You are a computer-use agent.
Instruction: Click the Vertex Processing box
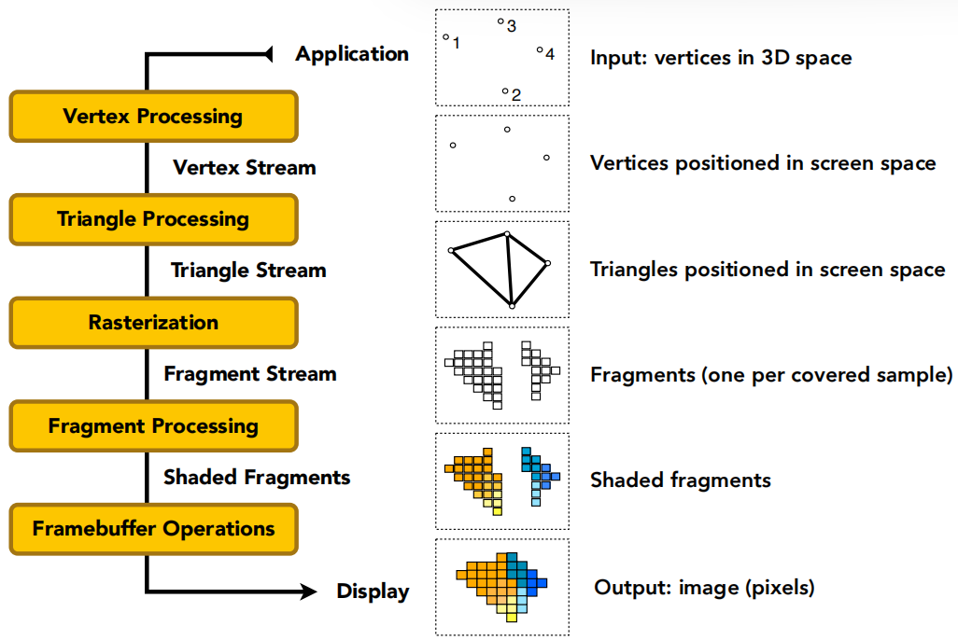(x=153, y=116)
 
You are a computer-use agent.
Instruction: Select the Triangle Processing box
(x=153, y=219)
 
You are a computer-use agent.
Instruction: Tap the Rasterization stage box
(x=153, y=323)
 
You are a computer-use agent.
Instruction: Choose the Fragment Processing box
(x=153, y=425)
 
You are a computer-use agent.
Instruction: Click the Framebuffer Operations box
(x=153, y=529)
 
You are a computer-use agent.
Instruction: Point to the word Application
(x=352, y=54)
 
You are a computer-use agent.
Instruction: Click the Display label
(x=373, y=591)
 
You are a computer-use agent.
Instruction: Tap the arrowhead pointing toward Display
(x=308, y=591)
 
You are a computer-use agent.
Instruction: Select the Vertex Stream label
(x=245, y=167)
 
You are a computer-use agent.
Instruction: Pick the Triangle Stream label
(x=248, y=271)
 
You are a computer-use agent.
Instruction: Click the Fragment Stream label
(x=250, y=374)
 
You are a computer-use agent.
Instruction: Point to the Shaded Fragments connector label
(x=257, y=477)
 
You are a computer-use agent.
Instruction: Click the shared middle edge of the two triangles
(x=510, y=270)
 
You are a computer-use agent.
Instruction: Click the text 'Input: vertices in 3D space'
(x=721, y=58)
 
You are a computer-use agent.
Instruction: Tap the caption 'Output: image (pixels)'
(x=704, y=588)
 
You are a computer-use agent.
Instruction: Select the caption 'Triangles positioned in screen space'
(x=768, y=270)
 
